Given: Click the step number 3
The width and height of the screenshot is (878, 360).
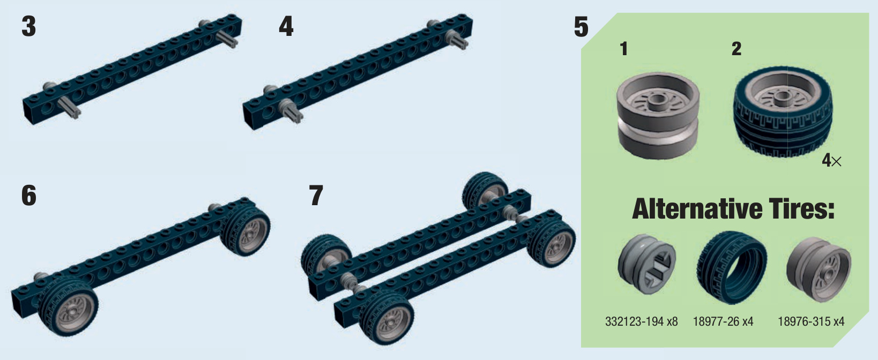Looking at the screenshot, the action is (28, 27).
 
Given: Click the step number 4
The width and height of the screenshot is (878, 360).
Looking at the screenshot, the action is (286, 27).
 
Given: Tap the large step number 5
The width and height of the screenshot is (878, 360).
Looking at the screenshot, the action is (581, 27).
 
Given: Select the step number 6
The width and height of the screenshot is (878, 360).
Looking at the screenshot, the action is (29, 196).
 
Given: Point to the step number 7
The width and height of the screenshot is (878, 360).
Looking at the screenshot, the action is (316, 196).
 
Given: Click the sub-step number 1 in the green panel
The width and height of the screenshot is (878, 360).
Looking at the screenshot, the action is (624, 49).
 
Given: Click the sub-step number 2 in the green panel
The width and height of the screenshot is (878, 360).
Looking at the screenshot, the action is (736, 49).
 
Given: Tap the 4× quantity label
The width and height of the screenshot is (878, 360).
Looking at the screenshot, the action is (832, 161).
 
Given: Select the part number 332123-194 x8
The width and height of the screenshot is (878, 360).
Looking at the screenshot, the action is (641, 321).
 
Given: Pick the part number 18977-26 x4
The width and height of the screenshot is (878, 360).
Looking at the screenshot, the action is (723, 321).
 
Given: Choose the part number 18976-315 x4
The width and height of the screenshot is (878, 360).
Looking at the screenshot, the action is (811, 321).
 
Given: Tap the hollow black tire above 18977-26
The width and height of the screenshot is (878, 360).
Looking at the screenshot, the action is (732, 268).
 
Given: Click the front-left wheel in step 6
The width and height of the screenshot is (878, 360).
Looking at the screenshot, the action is (68, 307).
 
